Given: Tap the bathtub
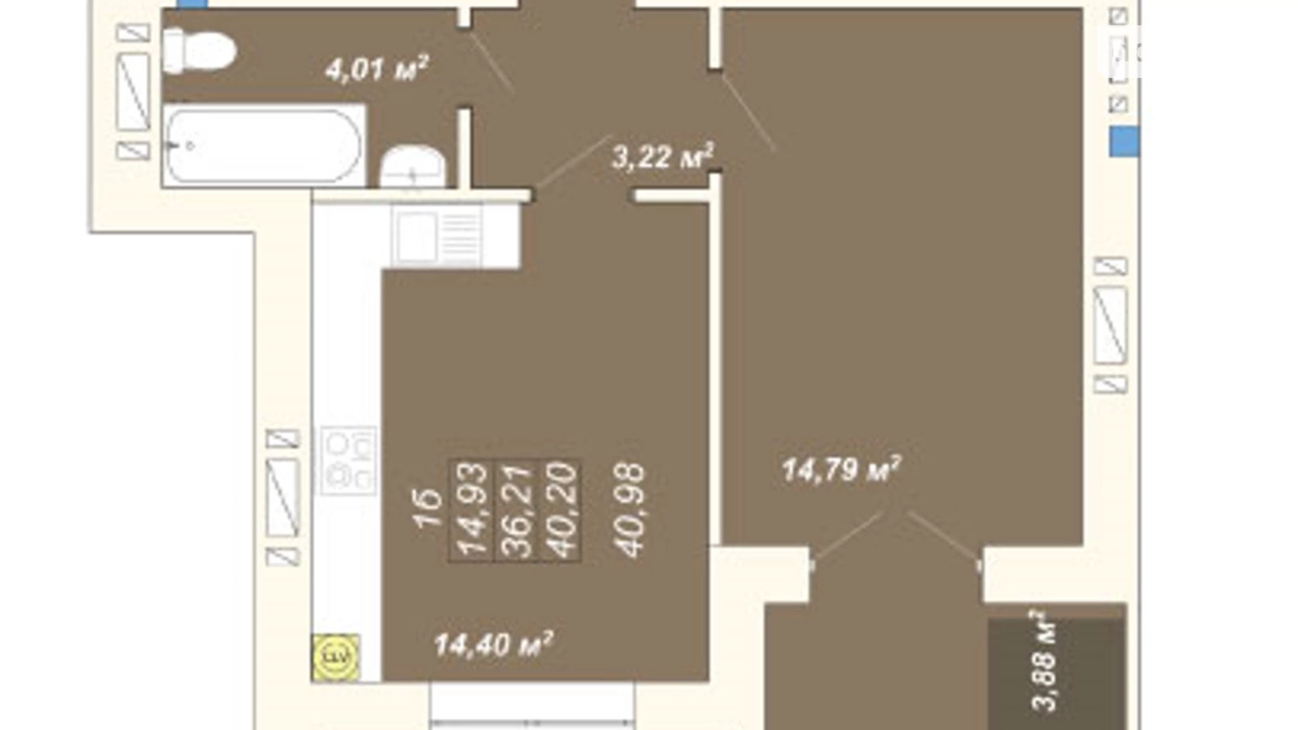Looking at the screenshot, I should tap(263, 146).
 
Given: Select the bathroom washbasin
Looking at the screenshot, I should tap(413, 167).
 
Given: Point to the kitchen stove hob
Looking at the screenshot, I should tap(349, 460).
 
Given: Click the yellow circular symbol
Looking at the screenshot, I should tap(336, 658).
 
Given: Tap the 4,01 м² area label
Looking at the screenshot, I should tap(377, 69).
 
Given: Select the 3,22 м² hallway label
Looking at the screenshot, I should tap(662, 157).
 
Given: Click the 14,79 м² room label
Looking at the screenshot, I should tap(841, 469).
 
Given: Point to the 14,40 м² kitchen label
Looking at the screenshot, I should tap(493, 644).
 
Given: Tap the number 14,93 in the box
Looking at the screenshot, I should tap(472, 510).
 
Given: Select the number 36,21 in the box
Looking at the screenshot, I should tap(517, 510).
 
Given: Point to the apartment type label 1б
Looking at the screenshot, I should tap(426, 508).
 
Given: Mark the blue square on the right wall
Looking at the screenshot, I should tap(1123, 141).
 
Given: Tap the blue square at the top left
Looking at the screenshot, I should tap(192, 4).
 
